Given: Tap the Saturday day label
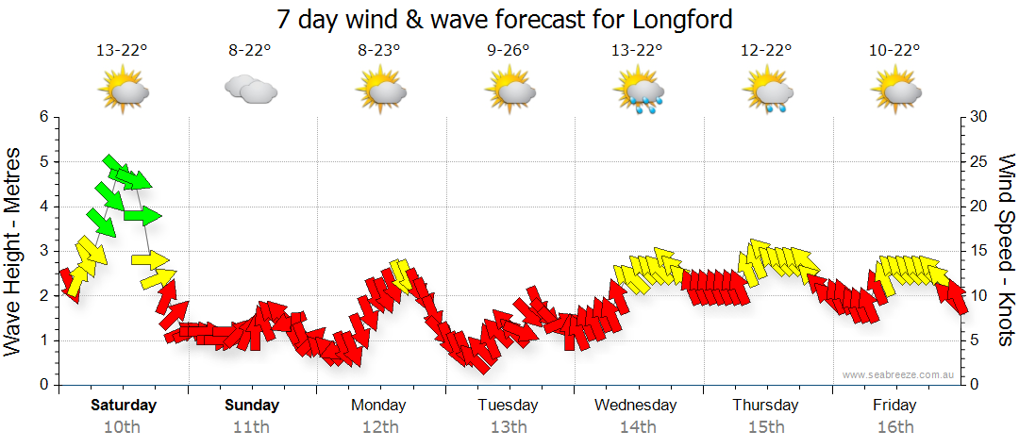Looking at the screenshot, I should [124, 406].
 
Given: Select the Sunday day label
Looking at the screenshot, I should [252, 406].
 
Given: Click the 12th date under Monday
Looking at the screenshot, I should [379, 426].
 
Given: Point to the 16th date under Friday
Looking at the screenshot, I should [894, 426].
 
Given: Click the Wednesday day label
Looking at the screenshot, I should [636, 406].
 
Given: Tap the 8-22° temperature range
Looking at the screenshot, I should [249, 51].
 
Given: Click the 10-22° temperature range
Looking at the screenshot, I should [894, 51].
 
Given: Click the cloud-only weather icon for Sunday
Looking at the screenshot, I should [250, 91].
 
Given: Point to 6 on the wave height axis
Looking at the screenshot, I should [43, 117].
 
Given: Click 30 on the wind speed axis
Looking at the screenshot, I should [978, 117].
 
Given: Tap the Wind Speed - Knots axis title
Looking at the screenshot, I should [1006, 251].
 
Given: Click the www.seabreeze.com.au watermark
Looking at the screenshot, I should [900, 375].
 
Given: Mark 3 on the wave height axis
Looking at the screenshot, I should [43, 251].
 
